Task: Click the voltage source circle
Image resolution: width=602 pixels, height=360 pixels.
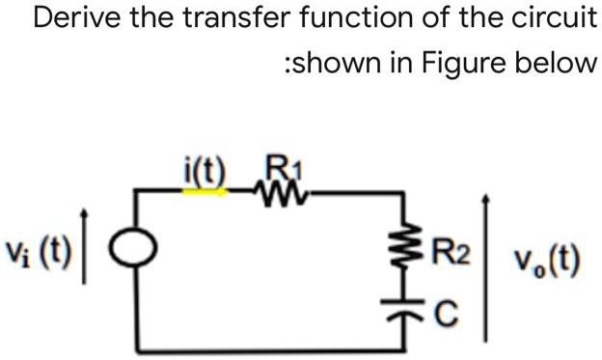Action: [x=133, y=253]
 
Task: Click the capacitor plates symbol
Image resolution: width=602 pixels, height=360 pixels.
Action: [x=416, y=308]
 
